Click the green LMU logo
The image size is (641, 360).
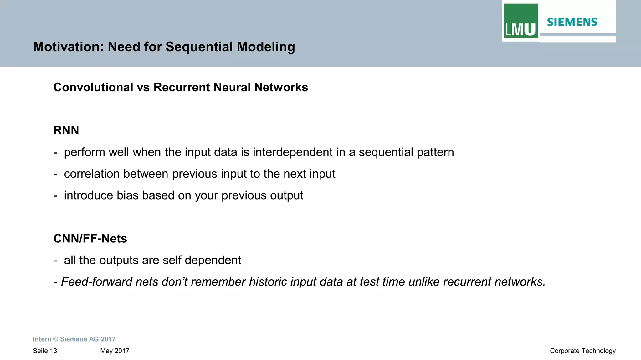click(x=520, y=21)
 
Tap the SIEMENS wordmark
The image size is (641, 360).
click(x=572, y=22)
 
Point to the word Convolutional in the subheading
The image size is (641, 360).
click(x=93, y=87)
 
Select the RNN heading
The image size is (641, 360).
click(x=66, y=130)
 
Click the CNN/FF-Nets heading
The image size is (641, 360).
click(x=90, y=239)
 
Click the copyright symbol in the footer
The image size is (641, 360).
click(x=55, y=339)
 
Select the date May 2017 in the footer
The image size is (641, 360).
click(x=115, y=351)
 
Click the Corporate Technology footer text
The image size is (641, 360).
click(x=582, y=351)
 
